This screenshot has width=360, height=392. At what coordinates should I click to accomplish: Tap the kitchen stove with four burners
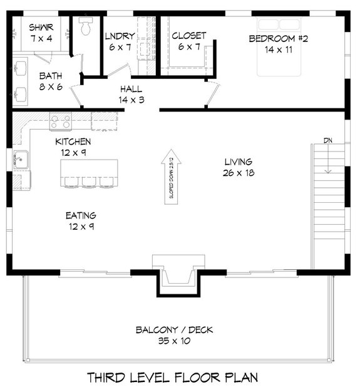coord(61,121)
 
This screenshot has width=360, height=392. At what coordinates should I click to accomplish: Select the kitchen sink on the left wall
coord(21,160)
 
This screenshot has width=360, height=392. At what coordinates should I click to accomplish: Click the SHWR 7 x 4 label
coord(41,33)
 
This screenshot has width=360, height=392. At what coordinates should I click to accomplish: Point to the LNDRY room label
coord(120,36)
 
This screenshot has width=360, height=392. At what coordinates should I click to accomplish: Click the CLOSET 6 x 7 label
coord(189,41)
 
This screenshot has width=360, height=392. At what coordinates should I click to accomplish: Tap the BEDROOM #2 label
coord(279,39)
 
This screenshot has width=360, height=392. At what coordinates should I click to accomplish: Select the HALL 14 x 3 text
coord(131,95)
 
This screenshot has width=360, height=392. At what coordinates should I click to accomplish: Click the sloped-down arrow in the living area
coord(172,177)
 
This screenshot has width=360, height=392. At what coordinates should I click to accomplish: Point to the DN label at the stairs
coord(328,140)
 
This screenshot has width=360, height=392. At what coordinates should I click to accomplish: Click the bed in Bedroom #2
coord(279,46)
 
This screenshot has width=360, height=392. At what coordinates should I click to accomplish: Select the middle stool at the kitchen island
coord(90,182)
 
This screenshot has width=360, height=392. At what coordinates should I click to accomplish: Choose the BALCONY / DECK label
coord(174,330)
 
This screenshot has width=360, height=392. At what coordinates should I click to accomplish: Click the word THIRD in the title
coord(106,378)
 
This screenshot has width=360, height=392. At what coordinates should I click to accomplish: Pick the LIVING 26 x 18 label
coord(239,167)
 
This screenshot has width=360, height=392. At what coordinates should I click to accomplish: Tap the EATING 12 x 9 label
coord(81,221)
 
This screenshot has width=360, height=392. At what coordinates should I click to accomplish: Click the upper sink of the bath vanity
coord(20,68)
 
